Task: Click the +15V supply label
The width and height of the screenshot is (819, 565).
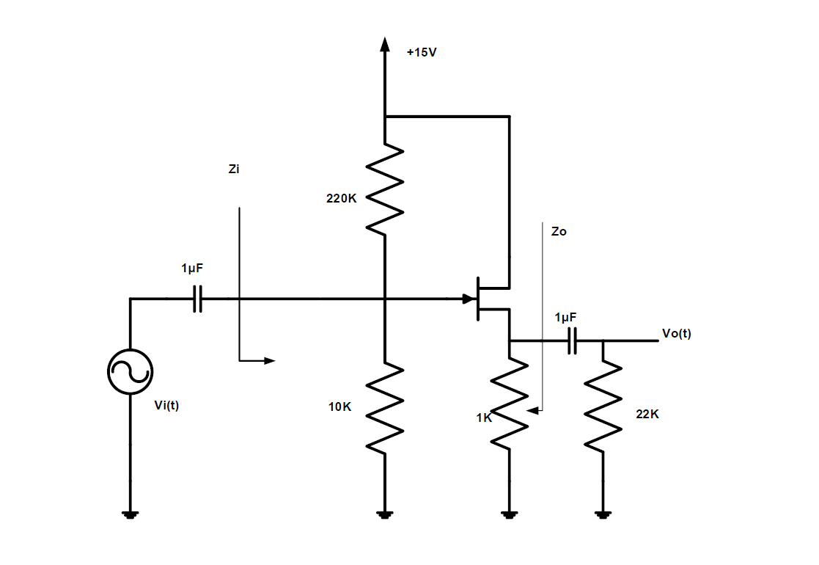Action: (x=422, y=53)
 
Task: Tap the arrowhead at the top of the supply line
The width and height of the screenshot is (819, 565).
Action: (x=384, y=44)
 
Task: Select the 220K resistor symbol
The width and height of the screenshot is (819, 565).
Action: (x=384, y=189)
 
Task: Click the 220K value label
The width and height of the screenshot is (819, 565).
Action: (x=341, y=199)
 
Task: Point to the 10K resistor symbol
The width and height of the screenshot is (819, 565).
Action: (x=384, y=407)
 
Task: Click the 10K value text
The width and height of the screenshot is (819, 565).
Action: (x=339, y=407)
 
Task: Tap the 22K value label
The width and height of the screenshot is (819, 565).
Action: (x=647, y=414)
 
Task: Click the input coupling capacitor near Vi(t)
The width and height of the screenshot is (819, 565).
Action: (x=197, y=299)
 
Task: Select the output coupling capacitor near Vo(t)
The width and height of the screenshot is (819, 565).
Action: (x=572, y=341)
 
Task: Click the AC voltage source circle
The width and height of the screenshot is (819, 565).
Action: (x=130, y=371)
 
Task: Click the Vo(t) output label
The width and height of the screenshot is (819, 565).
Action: (x=676, y=334)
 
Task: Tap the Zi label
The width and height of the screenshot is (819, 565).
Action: (x=234, y=169)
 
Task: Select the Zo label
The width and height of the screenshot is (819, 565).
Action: (x=559, y=231)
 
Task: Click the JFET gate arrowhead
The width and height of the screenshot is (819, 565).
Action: (x=468, y=299)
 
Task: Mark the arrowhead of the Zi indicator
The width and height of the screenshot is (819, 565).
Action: (x=269, y=360)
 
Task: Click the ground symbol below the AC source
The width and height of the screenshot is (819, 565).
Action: (x=130, y=515)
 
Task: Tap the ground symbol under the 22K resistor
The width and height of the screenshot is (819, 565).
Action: (x=603, y=515)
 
